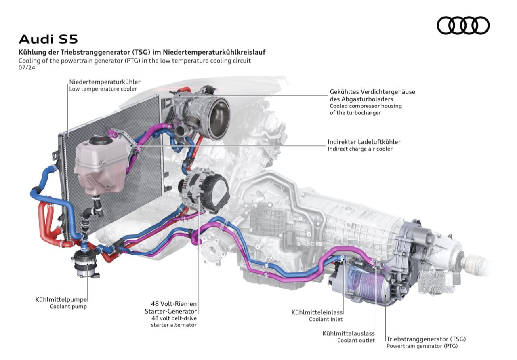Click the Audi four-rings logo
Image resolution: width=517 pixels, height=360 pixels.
click(x=463, y=25)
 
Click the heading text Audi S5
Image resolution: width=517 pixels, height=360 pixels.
click(x=48, y=39)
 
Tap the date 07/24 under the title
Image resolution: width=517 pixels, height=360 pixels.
click(x=27, y=67)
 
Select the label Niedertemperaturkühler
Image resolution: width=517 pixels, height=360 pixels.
click(x=105, y=82)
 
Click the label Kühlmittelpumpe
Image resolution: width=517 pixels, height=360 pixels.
click(x=61, y=299)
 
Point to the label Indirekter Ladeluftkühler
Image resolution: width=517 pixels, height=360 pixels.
click(x=364, y=142)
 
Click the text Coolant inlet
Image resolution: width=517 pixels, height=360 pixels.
click(x=326, y=319)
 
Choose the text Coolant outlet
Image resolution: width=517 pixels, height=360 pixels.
click(x=356, y=340)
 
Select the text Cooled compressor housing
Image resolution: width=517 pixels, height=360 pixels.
click(x=366, y=106)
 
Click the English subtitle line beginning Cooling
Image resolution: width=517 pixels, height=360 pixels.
click(x=135, y=61)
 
